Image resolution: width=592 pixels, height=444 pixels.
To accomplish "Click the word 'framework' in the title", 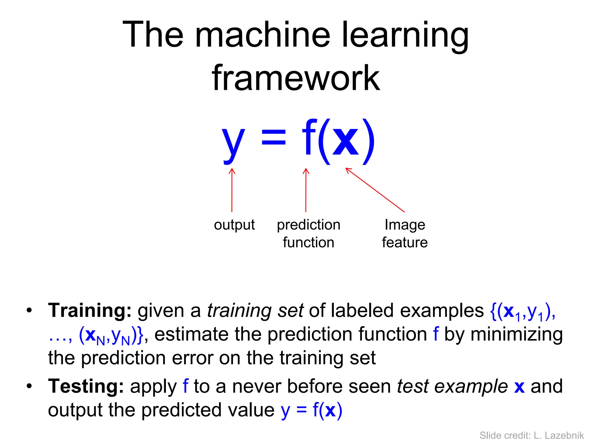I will (296, 77).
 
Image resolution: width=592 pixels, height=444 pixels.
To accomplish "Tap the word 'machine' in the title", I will (262, 35).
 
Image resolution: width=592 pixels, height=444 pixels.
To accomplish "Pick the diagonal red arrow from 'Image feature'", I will (375, 190).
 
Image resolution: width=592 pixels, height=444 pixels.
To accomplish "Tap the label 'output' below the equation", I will (234, 225).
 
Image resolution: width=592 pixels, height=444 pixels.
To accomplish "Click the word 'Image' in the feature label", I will (405, 225).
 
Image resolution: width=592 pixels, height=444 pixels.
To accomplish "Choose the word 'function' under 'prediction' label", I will (308, 242).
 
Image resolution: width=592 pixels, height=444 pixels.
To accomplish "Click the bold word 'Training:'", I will (90, 310).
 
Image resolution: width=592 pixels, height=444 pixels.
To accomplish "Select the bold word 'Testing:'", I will (86, 386).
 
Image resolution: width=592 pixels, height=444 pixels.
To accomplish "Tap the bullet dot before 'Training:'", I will (29, 311).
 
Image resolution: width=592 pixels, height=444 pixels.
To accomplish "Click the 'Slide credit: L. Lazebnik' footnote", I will (532, 435).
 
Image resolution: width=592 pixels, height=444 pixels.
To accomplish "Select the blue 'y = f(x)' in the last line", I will (311, 410).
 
